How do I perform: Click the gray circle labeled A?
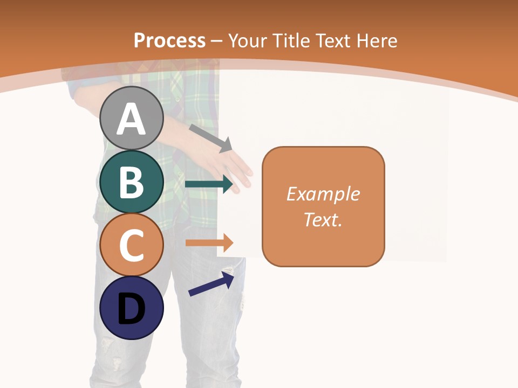[x=131, y=118]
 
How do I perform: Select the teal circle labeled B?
[x=131, y=182]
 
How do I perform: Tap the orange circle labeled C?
[x=131, y=245]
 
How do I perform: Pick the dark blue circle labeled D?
[x=131, y=308]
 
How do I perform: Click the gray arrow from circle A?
[x=210, y=138]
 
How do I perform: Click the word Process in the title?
[x=169, y=40]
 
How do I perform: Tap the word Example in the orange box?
[x=323, y=194]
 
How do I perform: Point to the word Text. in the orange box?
[x=323, y=219]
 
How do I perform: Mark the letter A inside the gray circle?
[x=131, y=119]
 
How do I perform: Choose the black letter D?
[x=131, y=309]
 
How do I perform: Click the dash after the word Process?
[x=216, y=41]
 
